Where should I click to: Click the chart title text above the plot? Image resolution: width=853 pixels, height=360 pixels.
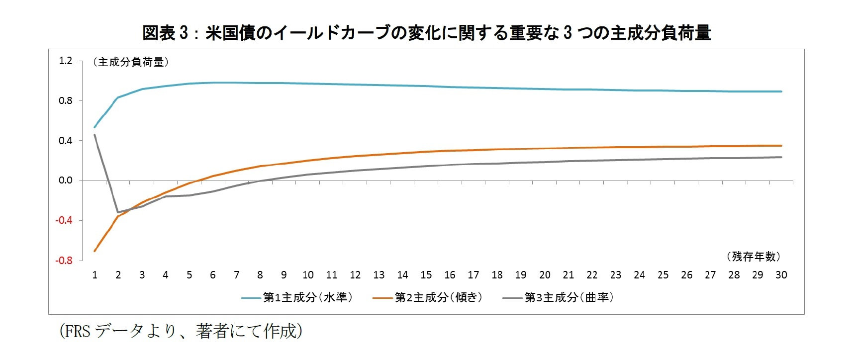point(426,33)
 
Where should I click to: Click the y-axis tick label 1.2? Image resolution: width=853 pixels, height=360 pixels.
point(66,61)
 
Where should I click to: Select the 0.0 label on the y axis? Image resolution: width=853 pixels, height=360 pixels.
point(66,180)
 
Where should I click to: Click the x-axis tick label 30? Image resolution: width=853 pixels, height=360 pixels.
point(781,275)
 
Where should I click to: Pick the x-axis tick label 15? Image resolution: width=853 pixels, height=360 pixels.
point(426,275)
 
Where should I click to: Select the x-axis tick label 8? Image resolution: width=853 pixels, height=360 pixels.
point(260,275)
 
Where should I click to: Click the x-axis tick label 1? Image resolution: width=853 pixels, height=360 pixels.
point(95,275)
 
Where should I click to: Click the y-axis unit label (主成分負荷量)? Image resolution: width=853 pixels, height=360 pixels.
point(131,62)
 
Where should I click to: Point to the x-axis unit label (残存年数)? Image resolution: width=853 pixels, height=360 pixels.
point(754,257)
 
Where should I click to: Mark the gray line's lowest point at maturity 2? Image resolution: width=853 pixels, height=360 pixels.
point(118,212)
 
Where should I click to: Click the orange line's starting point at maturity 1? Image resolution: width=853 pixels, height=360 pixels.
point(95,251)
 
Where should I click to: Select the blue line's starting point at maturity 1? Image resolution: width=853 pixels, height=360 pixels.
point(95,127)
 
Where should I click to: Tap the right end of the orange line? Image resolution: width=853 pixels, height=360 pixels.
point(781,146)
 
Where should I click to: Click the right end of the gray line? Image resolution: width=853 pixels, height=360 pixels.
point(781,157)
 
